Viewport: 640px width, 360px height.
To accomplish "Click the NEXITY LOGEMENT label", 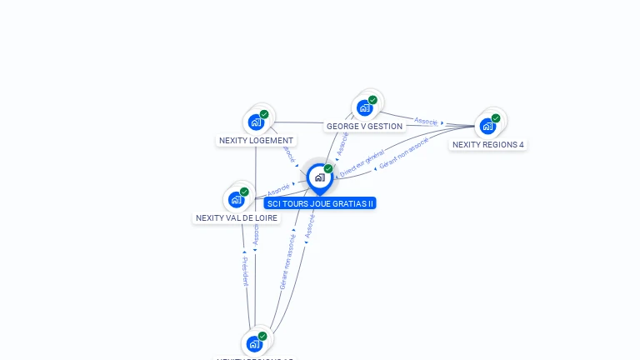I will click(256, 141).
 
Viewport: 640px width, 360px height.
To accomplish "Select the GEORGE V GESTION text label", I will click(364, 127).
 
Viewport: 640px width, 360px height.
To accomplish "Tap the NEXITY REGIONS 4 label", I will click(487, 145).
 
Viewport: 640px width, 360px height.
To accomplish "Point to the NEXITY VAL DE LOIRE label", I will click(237, 218).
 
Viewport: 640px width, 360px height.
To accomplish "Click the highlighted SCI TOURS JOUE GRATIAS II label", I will click(320, 203).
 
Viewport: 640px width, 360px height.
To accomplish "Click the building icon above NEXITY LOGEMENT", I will click(256, 122).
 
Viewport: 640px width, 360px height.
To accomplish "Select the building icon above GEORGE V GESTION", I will click(364, 108).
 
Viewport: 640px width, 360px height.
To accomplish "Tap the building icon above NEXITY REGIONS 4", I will click(487, 127).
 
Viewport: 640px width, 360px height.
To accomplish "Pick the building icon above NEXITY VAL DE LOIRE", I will click(237, 199).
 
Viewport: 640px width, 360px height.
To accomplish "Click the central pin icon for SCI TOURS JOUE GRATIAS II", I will click(319, 177).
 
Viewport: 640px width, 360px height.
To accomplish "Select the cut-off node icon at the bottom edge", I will click(254, 344).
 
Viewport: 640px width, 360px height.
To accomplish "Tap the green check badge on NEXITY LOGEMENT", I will click(264, 114).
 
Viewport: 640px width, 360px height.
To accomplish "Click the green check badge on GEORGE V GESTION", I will click(372, 100).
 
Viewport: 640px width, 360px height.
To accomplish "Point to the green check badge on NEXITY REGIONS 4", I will click(496, 118).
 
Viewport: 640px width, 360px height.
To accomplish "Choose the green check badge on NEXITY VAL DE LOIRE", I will click(245, 191).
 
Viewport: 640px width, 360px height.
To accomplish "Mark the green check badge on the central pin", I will click(328, 168).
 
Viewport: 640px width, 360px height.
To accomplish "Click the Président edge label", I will click(245, 272).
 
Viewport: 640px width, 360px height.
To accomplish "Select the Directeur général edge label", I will click(361, 163).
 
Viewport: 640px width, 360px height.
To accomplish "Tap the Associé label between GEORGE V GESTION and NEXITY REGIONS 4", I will click(426, 121).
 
